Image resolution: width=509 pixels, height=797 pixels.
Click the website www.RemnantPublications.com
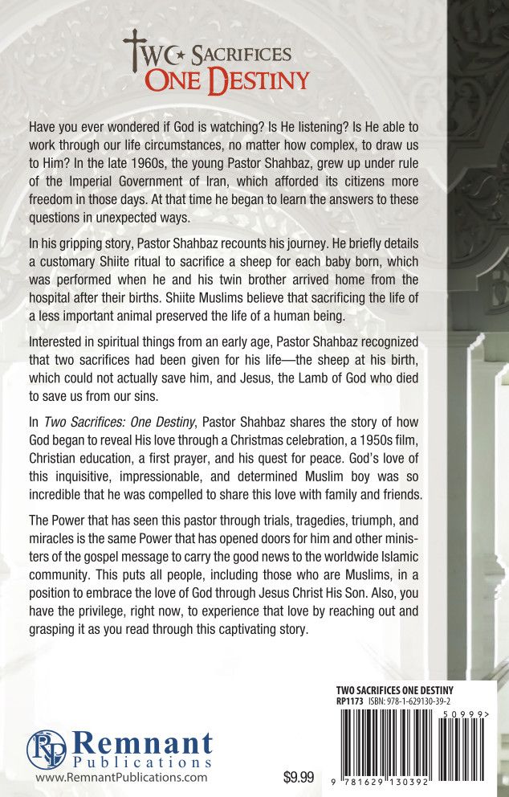[x=121, y=777]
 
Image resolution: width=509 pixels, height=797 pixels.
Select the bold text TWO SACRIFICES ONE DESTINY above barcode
[x=394, y=690]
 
